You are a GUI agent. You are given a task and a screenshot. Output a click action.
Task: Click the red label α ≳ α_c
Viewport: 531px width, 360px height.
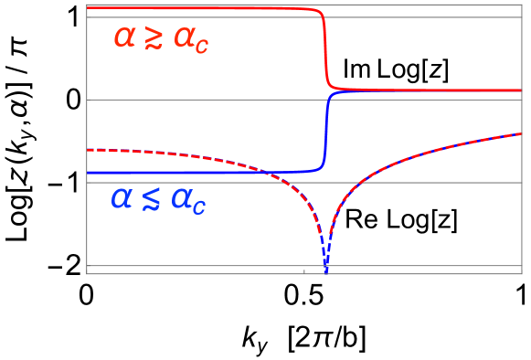pos(161,38)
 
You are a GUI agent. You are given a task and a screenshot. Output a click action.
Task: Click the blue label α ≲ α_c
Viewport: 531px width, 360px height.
pos(158,200)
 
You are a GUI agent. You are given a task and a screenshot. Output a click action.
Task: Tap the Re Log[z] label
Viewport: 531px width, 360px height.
pos(401,219)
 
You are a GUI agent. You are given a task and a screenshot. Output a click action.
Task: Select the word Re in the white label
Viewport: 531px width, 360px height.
pos(359,219)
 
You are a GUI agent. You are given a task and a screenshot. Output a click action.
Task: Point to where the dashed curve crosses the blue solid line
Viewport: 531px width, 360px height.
pos(261,172)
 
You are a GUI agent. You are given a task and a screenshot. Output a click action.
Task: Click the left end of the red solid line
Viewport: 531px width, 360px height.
pos(88,8)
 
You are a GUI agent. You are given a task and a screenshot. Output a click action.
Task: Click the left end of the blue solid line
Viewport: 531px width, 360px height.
pos(88,172)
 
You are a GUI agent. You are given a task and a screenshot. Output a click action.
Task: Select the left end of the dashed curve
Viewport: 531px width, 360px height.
pos(88,149)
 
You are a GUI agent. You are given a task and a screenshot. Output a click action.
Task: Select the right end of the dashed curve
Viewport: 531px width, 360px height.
pos(520,134)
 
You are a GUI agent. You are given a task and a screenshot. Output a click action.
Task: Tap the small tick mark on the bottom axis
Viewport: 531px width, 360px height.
pos(304,270)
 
